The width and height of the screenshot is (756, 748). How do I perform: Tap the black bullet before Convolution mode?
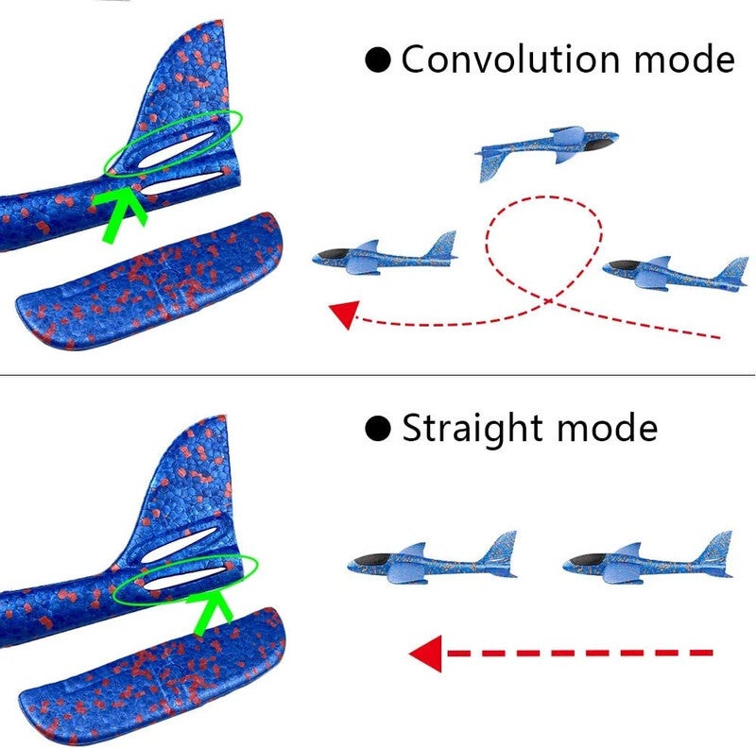(x=379, y=60)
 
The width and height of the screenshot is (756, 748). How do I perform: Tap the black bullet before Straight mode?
(x=379, y=429)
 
